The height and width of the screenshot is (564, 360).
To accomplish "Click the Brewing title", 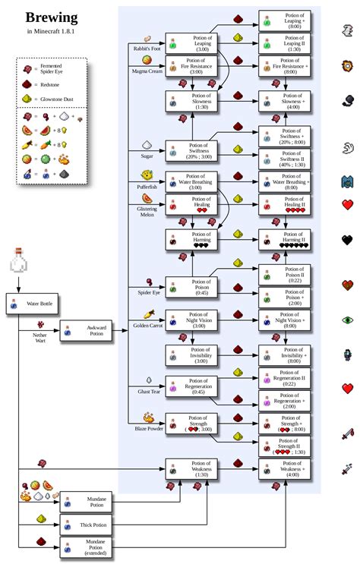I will (52, 17).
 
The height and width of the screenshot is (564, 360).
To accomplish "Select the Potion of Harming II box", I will (289, 240).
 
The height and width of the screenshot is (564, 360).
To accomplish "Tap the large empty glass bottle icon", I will (20, 260).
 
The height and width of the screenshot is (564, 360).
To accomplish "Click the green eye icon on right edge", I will (347, 320).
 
